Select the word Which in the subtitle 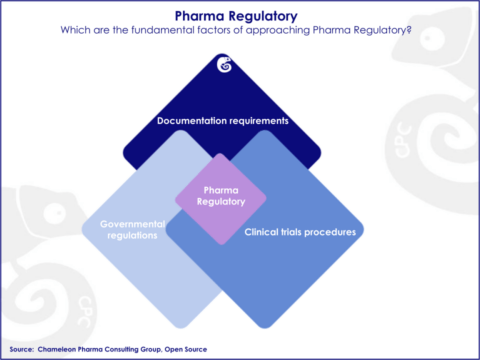click(x=75, y=30)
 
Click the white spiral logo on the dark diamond click(x=225, y=66)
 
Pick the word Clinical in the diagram click(x=262, y=231)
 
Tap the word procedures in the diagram click(x=332, y=231)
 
